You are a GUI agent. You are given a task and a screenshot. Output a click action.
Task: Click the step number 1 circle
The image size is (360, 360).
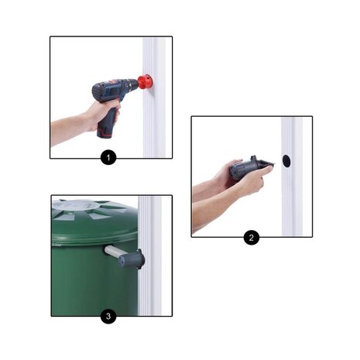(108, 157)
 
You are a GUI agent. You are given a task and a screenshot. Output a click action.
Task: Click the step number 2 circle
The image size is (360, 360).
(252, 237)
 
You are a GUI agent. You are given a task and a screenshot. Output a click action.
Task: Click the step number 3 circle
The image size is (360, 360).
(108, 316)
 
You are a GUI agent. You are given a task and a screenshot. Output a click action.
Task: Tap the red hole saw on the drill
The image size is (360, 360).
(145, 82)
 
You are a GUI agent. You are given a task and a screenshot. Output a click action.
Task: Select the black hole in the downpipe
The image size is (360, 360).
(286, 161)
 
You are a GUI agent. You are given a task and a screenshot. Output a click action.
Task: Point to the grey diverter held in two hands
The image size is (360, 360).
(250, 167)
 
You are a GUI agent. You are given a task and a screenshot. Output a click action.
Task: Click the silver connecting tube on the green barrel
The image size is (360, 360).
(115, 252)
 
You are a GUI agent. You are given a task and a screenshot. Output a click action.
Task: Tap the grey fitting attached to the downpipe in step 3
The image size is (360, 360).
(132, 259)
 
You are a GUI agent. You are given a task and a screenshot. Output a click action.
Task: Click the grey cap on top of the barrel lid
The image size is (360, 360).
(76, 205)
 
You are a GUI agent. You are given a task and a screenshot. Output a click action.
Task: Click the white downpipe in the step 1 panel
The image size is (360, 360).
(154, 98)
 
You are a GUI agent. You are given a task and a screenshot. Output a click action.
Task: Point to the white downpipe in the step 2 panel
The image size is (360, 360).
(292, 177)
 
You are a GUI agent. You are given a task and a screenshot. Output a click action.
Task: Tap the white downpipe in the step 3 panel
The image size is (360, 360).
(149, 255)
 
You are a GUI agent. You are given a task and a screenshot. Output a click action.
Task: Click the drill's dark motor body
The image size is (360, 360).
(110, 91)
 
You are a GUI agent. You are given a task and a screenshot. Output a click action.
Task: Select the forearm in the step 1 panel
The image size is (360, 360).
(68, 129)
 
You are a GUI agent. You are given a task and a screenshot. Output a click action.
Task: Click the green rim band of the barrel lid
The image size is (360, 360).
(94, 234)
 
